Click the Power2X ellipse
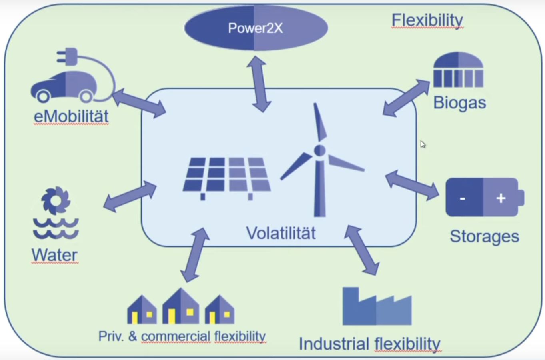pos(256,28)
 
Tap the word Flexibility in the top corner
pos(427,20)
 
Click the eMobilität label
pos(71,116)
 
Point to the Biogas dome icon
pos(458,70)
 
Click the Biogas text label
pos(459,103)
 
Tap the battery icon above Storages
pos(484,197)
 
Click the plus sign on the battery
pos(501,198)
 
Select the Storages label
pos(484,236)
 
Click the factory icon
pos(377,306)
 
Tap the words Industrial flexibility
pos(369,344)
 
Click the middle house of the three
pos(180,307)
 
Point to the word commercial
pos(176,336)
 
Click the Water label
pos(54,255)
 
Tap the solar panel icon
pos(227,176)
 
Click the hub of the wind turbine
pos(319,151)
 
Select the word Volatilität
pos(281,233)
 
